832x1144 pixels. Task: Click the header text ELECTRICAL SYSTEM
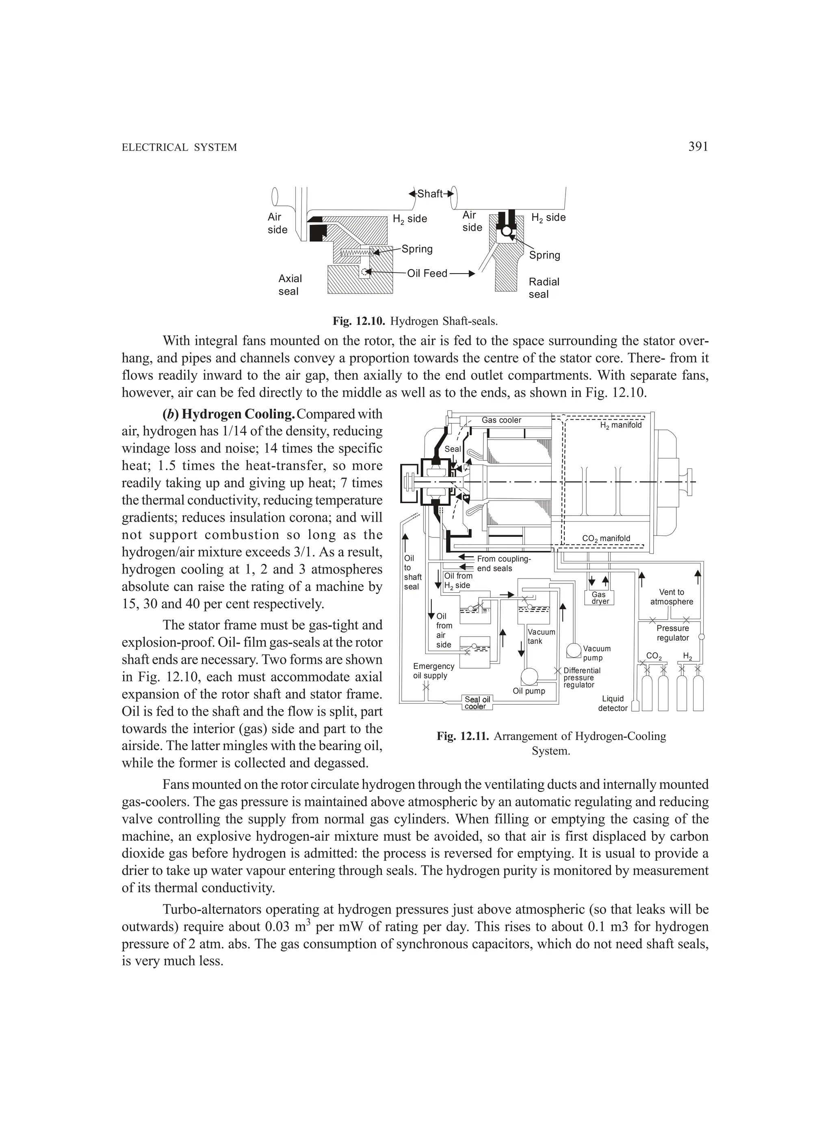coord(179,148)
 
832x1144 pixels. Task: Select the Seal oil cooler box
coord(477,703)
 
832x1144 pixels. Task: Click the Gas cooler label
coord(501,420)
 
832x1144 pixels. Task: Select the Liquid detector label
coord(613,703)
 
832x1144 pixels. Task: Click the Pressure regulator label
coord(672,633)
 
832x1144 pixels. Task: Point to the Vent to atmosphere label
coord(672,597)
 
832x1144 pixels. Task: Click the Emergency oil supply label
coord(433,671)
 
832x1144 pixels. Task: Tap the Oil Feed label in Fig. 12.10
coord(427,273)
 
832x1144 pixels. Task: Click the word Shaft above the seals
coord(430,194)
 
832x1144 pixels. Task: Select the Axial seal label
coord(290,285)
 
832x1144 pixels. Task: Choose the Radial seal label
coord(544,288)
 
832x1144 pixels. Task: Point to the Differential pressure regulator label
coord(582,678)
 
